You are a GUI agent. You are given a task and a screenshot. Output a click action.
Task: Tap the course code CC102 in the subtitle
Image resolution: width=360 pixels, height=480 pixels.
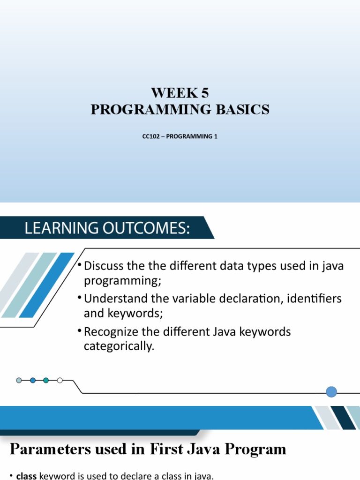point(150,137)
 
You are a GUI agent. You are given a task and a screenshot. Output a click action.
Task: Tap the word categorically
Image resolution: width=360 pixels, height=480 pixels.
point(119,347)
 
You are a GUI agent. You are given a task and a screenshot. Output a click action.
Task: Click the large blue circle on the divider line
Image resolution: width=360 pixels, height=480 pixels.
point(331,392)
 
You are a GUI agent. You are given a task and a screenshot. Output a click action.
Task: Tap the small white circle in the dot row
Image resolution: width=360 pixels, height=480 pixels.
point(60,380)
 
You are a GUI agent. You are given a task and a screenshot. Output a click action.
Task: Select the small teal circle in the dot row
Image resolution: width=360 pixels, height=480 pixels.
point(46,380)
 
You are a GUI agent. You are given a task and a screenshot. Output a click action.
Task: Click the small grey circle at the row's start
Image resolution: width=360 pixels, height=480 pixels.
point(19,380)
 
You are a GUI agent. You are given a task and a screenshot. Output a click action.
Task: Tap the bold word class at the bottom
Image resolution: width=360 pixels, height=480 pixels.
point(27,476)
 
